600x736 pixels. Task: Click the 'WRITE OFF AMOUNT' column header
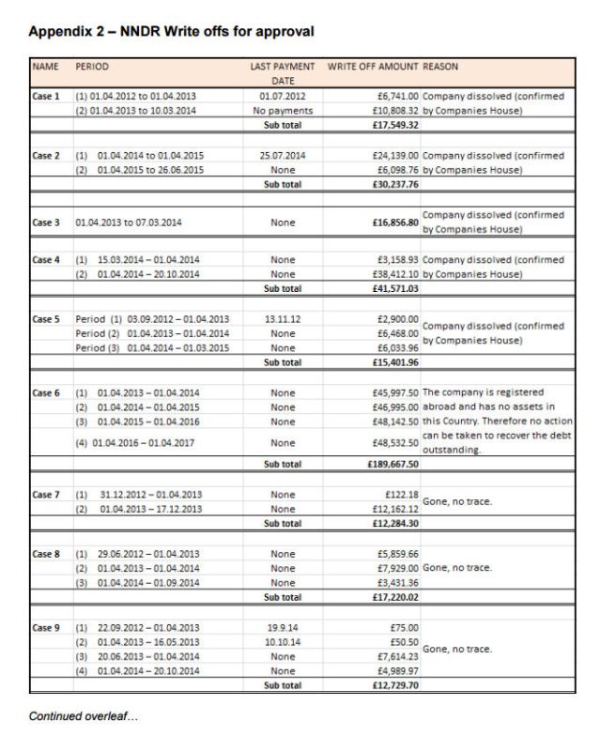point(372,69)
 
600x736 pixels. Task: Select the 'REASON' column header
point(446,69)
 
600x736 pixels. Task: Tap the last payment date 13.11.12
point(283,319)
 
